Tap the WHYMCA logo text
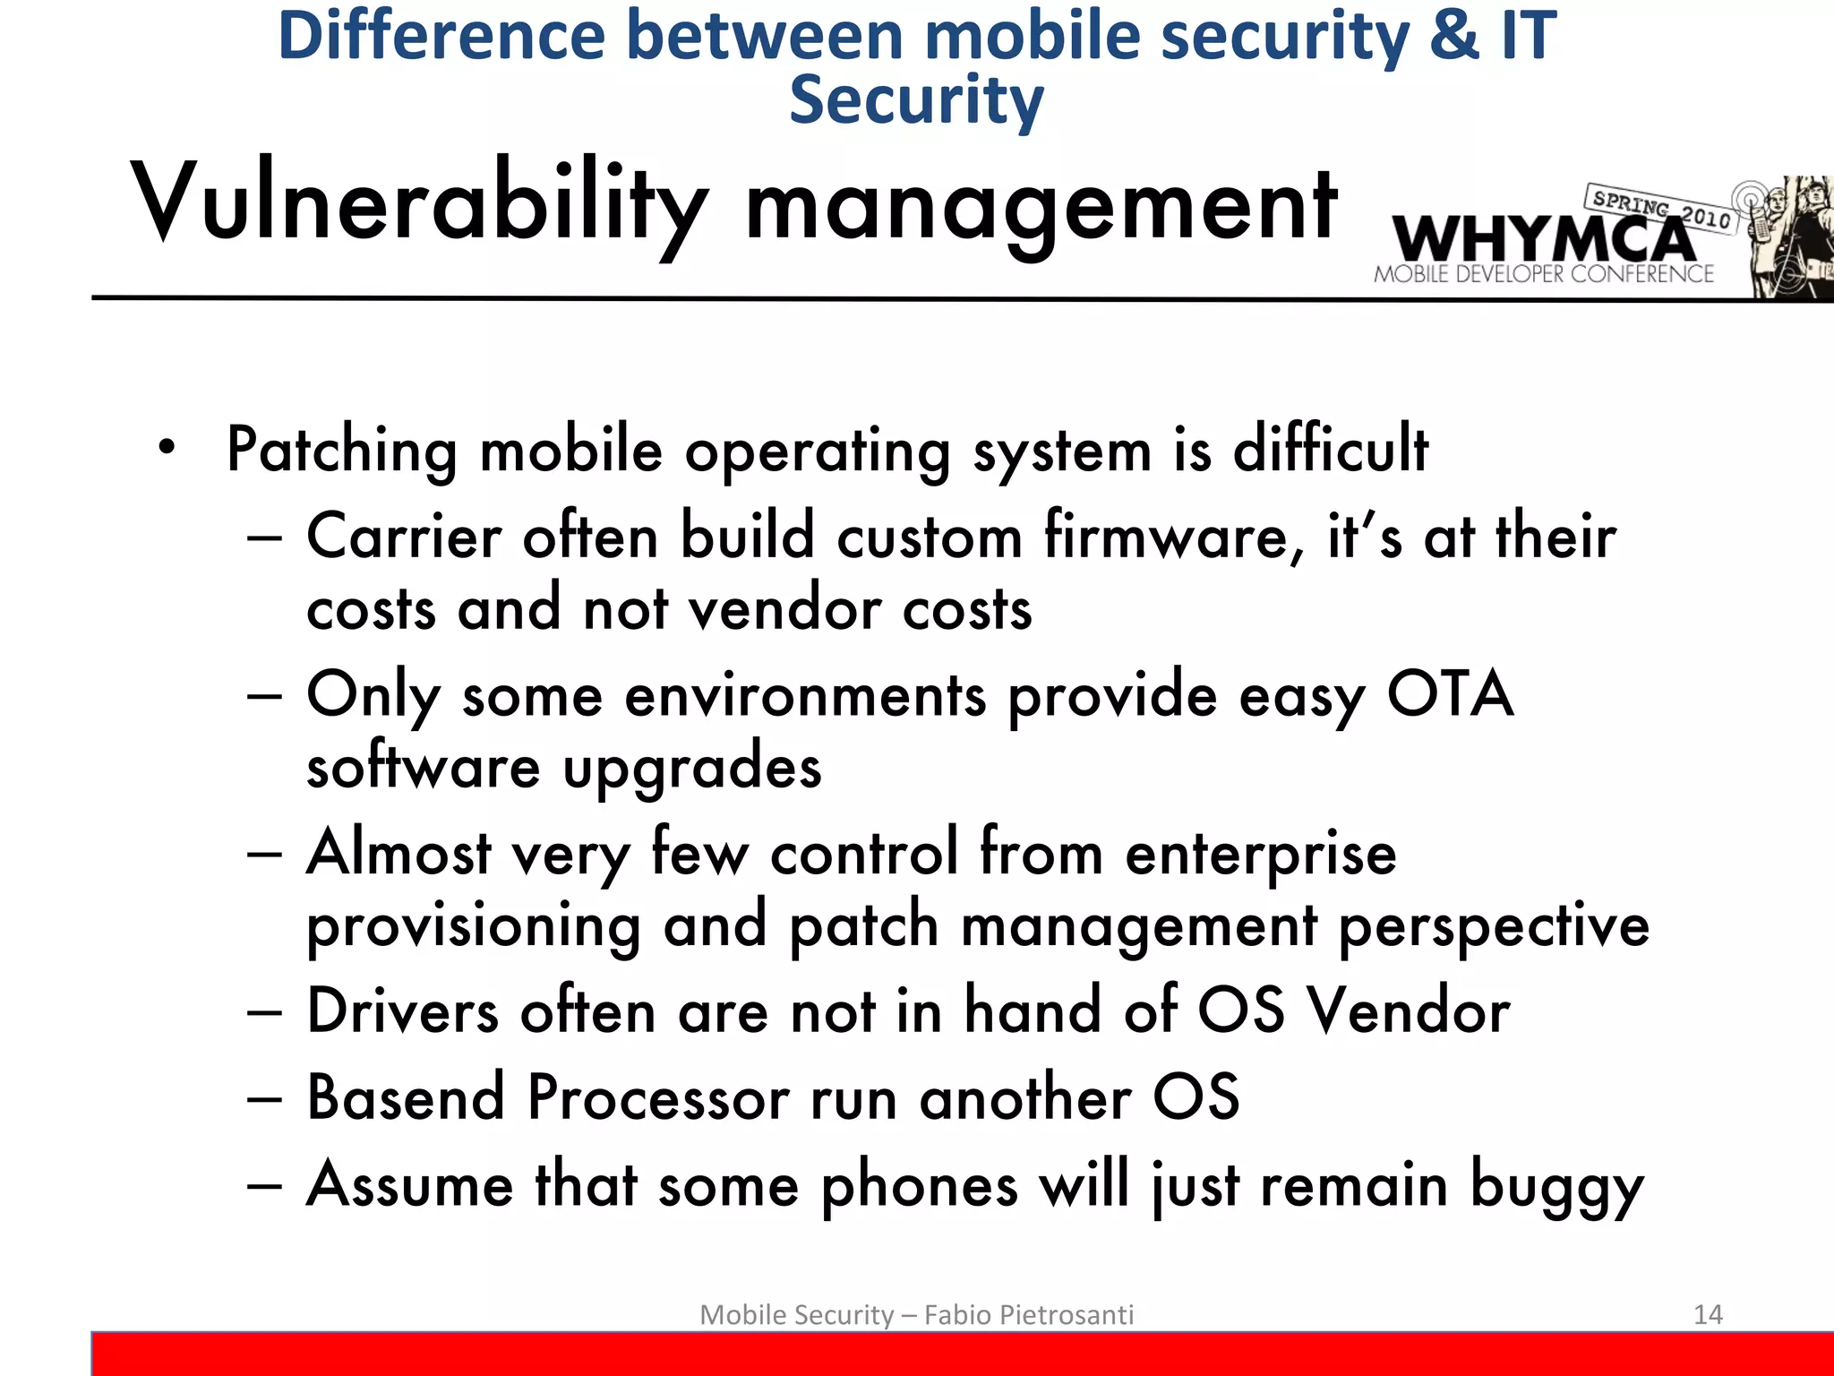pyautogui.click(x=1543, y=240)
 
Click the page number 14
pyautogui.click(x=1708, y=1314)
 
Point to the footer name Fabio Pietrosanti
pyautogui.click(x=1029, y=1314)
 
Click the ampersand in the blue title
pyautogui.click(x=1454, y=36)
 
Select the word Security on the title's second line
pyautogui.click(x=916, y=100)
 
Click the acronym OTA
pyautogui.click(x=1450, y=694)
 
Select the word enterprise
pyautogui.click(x=1260, y=853)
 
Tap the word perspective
pyautogui.click(x=1494, y=925)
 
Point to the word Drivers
pyautogui.click(x=402, y=1011)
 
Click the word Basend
pyautogui.click(x=406, y=1097)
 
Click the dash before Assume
pyautogui.click(x=265, y=1185)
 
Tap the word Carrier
pyautogui.click(x=404, y=537)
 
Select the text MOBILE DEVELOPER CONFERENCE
pyautogui.click(x=1543, y=275)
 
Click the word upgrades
pyautogui.click(x=691, y=769)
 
